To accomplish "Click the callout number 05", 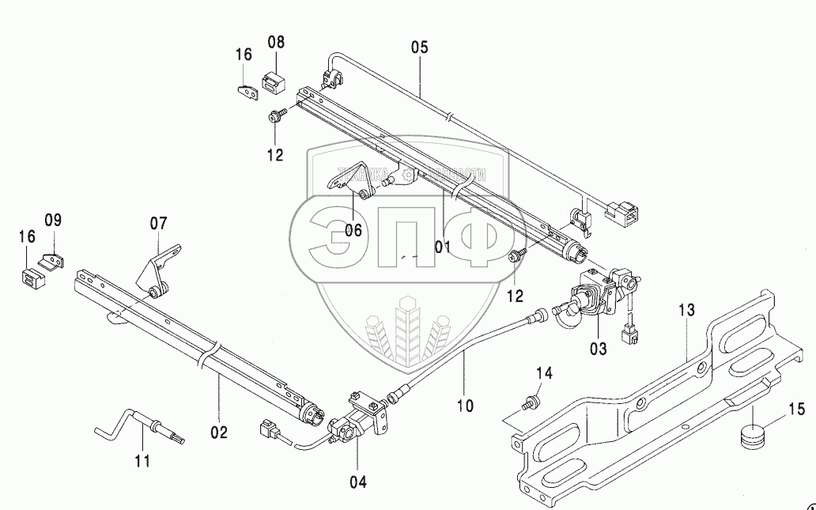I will pos(419,47).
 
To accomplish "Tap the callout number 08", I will pos(276,43).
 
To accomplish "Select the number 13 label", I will pos(685,311).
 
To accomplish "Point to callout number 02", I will pos(219,433).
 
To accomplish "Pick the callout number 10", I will pos(465,406).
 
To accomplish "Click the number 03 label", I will pos(599,349).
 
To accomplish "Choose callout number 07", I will pos(159,224).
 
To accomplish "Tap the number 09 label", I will pos(52,220).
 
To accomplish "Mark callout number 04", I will pos(357,481).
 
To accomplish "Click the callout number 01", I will pos(442,247).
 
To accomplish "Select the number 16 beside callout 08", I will pos(244,55).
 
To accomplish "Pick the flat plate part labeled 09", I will pos(52,261).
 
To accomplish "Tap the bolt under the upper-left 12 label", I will pos(277,117).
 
